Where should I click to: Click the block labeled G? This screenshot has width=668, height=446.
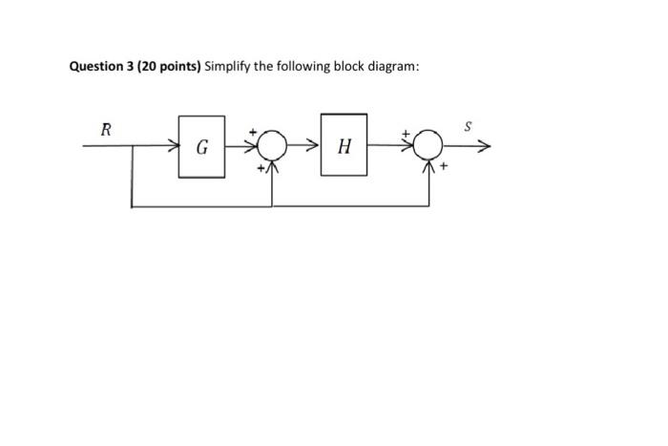202,147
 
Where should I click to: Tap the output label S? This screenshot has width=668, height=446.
468,125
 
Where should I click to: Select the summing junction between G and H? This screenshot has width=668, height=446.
273,146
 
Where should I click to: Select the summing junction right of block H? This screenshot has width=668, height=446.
429,146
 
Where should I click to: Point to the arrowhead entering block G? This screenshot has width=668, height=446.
174,147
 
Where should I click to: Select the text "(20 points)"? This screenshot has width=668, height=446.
168,67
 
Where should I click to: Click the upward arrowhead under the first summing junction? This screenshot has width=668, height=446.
273,167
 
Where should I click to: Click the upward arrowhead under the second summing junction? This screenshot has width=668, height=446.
429,167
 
